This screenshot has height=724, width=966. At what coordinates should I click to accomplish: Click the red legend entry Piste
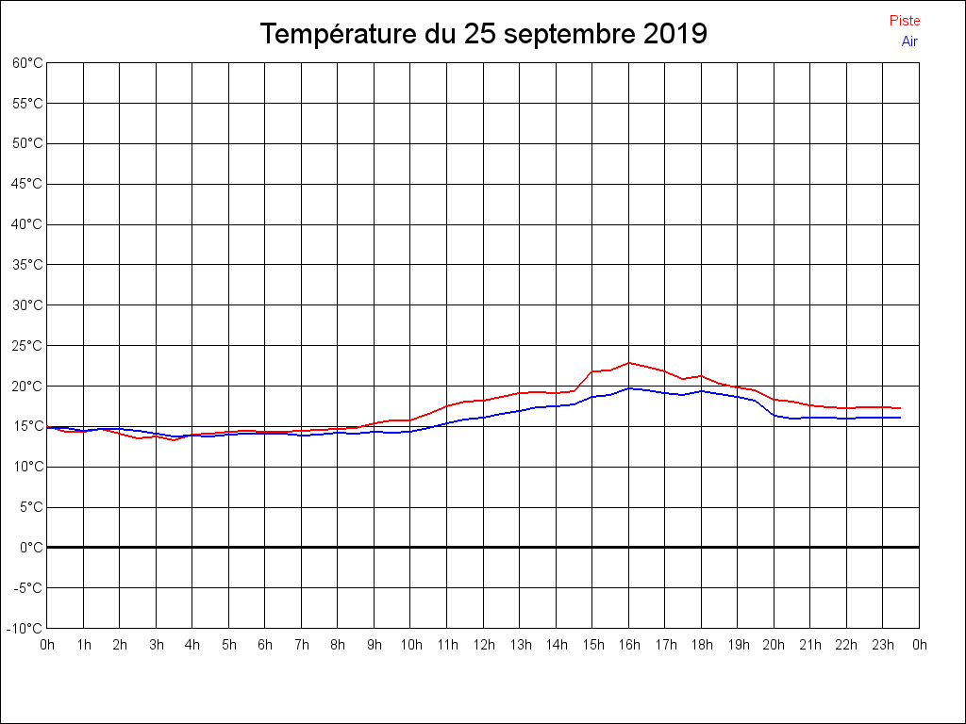pyautogui.click(x=904, y=21)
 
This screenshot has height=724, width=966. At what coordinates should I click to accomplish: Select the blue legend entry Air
pyautogui.click(x=909, y=41)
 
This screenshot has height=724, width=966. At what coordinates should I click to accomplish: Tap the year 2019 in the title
pyautogui.click(x=675, y=35)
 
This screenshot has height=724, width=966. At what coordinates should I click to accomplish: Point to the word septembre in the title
pyautogui.click(x=570, y=35)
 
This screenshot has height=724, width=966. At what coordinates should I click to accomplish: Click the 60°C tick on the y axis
pyautogui.click(x=27, y=63)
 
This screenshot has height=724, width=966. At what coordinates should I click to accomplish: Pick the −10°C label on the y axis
pyautogui.click(x=25, y=628)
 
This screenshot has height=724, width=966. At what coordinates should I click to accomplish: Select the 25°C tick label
pyautogui.click(x=27, y=346)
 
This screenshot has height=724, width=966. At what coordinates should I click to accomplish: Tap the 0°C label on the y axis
pyautogui.click(x=31, y=548)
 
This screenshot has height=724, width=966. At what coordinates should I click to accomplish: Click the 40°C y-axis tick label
pyautogui.click(x=27, y=224)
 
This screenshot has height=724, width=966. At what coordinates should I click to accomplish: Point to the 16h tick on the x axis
pyautogui.click(x=629, y=645)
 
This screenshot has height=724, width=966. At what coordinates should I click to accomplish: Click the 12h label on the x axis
pyautogui.click(x=483, y=645)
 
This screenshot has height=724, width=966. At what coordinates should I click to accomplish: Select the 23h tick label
pyautogui.click(x=883, y=645)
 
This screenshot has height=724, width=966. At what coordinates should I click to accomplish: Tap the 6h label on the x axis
pyautogui.click(x=265, y=645)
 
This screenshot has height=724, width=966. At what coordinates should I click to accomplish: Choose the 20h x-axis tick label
pyautogui.click(x=774, y=645)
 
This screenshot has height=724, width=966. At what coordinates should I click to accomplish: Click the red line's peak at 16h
pyautogui.click(x=629, y=363)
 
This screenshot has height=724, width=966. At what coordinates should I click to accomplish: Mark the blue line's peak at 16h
pyautogui.click(x=629, y=387)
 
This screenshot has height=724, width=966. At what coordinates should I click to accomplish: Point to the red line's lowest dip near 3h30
pyautogui.click(x=174, y=439)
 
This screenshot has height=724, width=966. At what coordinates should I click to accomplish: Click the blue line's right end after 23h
pyautogui.click(x=901, y=418)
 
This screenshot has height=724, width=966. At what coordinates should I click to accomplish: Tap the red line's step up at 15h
pyautogui.click(x=592, y=371)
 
